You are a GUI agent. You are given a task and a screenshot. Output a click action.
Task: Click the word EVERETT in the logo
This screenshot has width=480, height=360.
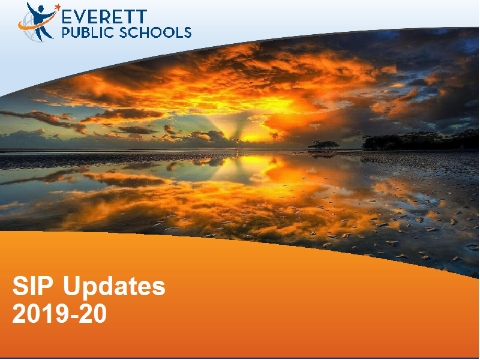(104, 17)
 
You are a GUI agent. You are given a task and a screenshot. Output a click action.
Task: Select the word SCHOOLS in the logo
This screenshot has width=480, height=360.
(155, 32)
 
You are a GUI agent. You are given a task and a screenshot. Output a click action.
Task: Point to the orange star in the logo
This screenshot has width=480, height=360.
(57, 7)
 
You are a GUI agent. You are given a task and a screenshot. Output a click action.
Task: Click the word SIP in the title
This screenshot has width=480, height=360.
(34, 286)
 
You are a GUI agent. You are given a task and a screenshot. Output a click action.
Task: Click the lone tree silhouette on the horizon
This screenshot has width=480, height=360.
(323, 145)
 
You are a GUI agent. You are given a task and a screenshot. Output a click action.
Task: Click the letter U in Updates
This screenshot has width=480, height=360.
(73, 286)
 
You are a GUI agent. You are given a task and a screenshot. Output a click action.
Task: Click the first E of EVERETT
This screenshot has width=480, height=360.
(67, 17)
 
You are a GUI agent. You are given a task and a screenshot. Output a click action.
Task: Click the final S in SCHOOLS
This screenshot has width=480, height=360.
(188, 32)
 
